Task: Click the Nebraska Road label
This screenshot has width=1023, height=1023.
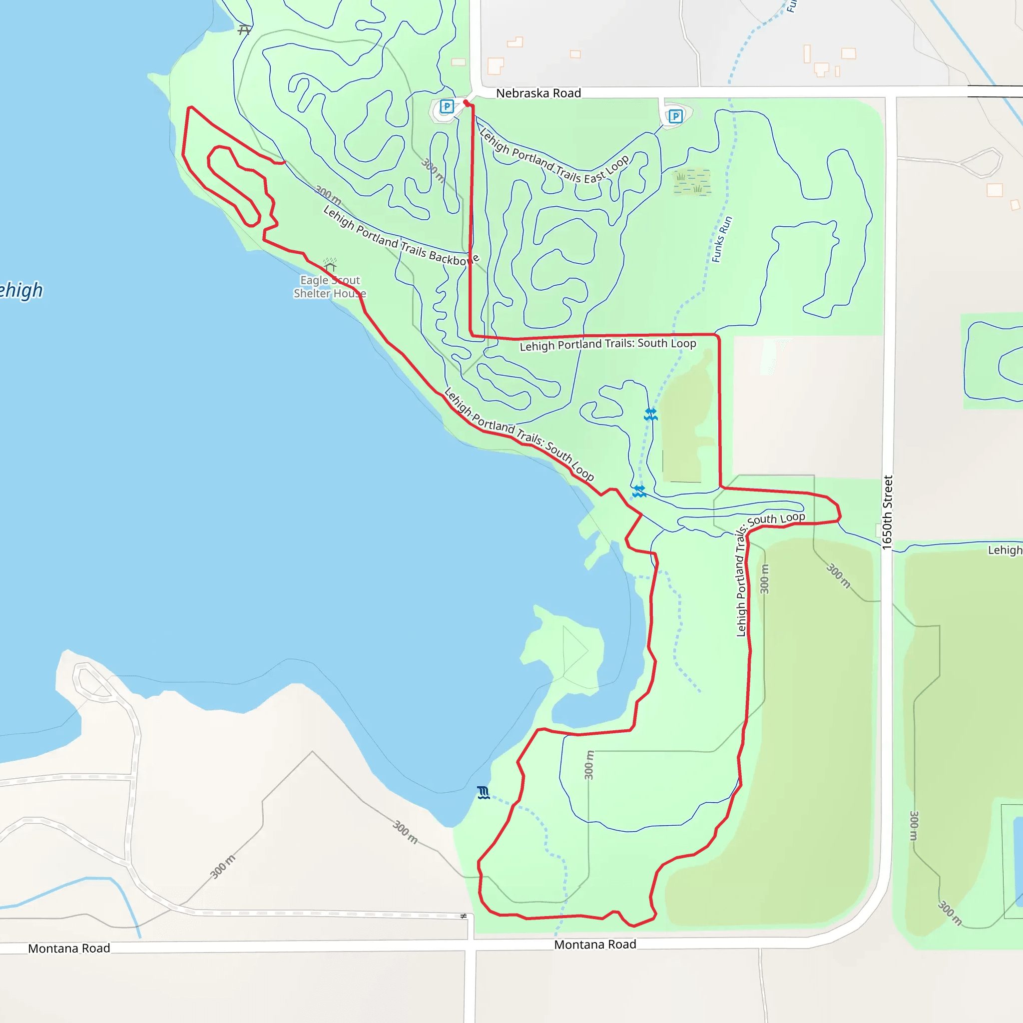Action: [538, 93]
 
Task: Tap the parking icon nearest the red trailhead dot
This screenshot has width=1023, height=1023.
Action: [447, 106]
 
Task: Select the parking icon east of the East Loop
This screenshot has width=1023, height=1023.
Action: [675, 116]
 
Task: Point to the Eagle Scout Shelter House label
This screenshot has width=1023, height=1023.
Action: [329, 286]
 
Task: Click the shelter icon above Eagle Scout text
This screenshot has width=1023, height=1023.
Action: [330, 264]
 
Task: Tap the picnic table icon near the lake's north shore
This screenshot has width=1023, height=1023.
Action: [244, 30]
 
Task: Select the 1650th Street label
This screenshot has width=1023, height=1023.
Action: [888, 512]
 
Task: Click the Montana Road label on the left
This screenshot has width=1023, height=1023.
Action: [69, 949]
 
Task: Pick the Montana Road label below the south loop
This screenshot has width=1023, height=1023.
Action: [594, 945]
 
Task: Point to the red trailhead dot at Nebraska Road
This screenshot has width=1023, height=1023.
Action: [466, 102]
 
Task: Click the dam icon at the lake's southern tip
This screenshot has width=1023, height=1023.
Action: [483, 793]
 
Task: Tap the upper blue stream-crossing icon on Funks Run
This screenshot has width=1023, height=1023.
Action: [651, 414]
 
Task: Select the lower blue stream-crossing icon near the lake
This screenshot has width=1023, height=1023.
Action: [639, 492]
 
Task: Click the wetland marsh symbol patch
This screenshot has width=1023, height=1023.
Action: [691, 182]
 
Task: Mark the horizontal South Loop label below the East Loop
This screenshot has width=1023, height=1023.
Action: [607, 344]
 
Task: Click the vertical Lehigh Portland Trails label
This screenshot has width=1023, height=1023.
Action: [741, 582]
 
